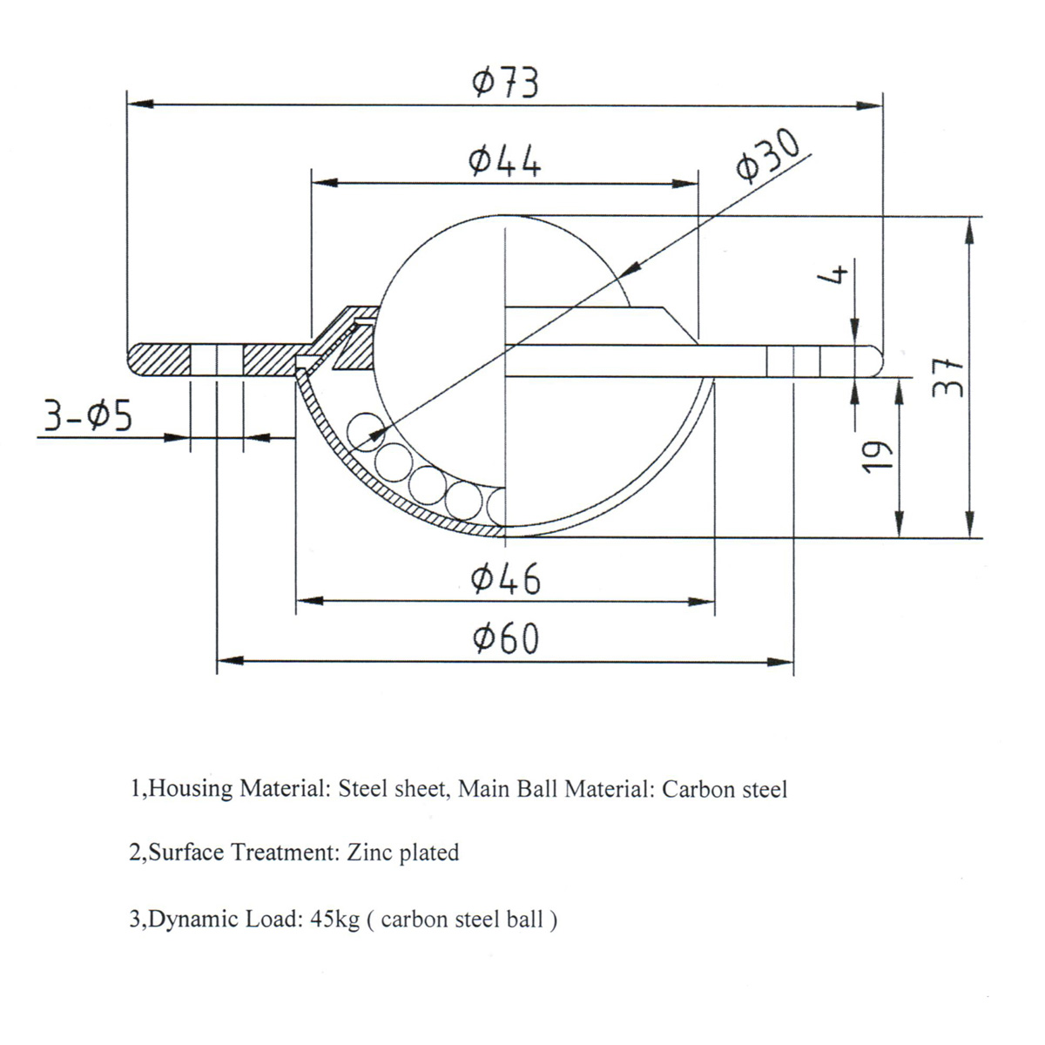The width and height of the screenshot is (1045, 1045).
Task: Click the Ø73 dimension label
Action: click(505, 83)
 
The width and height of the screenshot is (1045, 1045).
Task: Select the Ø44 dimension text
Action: click(505, 161)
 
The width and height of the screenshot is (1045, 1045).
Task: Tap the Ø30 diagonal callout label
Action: click(767, 153)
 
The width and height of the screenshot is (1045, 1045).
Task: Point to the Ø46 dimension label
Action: click(505, 578)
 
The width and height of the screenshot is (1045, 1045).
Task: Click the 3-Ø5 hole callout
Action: click(88, 416)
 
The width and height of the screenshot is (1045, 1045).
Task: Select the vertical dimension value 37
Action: click(948, 377)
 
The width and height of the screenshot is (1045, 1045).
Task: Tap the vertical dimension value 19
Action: click(877, 456)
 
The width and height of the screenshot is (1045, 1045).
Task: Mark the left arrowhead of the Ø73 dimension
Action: click(140, 103)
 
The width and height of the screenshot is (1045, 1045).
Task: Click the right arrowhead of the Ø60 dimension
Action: click(780, 662)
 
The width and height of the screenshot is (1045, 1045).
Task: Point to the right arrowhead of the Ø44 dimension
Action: click(684, 183)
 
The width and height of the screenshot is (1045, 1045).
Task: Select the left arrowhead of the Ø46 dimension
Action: click(310, 601)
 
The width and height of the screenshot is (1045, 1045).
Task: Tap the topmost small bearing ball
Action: click(365, 432)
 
